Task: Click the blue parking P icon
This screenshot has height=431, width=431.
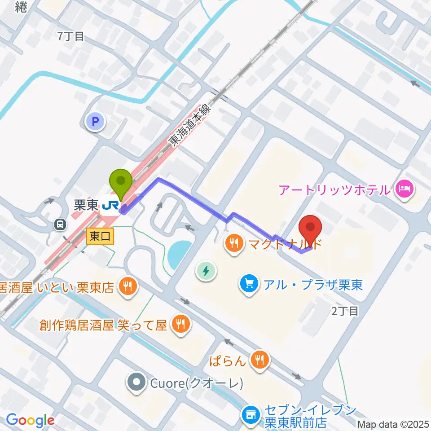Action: [95, 121]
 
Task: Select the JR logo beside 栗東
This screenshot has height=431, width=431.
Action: [110, 206]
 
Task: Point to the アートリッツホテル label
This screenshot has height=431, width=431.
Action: [335, 190]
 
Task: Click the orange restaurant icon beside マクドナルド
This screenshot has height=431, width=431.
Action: [233, 245]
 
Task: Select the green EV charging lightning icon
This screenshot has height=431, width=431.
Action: [206, 271]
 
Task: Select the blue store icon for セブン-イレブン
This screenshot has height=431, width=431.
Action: [251, 414]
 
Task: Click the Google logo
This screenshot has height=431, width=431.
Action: [30, 421]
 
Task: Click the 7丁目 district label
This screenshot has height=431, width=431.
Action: [71, 37]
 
